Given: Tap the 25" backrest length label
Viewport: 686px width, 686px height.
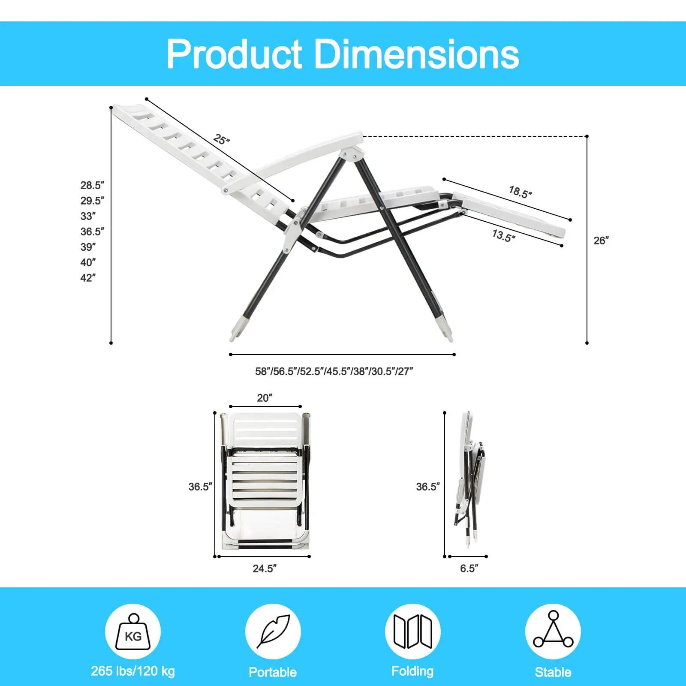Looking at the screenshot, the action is (221, 139).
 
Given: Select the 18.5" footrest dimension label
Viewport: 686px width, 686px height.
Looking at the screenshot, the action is (520, 192).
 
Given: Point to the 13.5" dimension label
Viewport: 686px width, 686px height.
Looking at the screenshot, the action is (503, 235).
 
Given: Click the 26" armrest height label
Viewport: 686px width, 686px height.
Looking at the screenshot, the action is (601, 241).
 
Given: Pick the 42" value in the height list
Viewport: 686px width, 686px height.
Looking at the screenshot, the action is (88, 278).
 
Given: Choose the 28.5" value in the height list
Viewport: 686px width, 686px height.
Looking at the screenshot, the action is (92, 185).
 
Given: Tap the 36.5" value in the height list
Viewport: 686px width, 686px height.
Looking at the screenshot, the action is (92, 232).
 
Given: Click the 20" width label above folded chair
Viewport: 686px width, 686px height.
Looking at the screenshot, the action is (265, 398).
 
